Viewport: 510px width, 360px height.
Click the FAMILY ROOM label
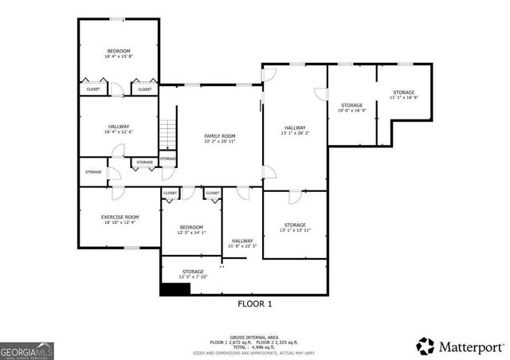tap(219, 137)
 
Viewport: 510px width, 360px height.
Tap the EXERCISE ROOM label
tap(120, 217)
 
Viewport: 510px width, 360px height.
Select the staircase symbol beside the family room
tap(167, 136)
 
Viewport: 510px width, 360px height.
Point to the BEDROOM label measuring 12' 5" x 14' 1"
tap(190, 227)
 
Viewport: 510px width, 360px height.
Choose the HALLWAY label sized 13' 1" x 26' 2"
tap(295, 127)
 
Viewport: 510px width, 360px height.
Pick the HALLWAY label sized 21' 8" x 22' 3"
tap(242, 241)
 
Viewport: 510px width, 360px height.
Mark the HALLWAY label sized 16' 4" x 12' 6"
tap(119, 126)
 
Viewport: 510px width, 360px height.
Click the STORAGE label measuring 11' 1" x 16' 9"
tap(404, 93)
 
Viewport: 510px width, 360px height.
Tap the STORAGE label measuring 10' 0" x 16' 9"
tap(352, 105)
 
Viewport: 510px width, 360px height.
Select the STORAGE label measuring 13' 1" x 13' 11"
tap(294, 225)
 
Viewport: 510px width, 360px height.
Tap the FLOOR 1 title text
tap(255, 304)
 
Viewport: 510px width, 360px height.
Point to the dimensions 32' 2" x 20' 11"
tap(219, 143)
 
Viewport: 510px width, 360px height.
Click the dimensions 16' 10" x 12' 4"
tap(120, 222)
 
